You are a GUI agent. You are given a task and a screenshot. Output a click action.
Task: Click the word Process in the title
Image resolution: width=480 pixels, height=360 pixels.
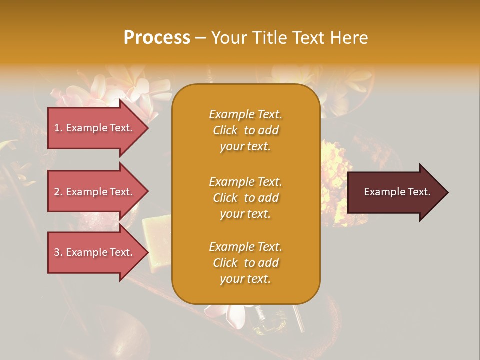(157, 38)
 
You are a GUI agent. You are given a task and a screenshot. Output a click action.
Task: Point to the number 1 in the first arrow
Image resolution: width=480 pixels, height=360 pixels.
(56, 128)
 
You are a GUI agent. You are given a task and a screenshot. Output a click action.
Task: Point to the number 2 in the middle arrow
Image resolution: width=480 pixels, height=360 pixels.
(56, 192)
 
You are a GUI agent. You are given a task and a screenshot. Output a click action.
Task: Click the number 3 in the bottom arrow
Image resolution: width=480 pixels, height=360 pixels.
(56, 252)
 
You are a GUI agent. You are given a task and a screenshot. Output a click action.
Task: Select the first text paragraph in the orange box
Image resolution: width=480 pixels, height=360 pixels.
(245, 130)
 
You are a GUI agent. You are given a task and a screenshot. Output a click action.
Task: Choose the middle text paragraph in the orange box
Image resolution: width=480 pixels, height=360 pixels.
(245, 198)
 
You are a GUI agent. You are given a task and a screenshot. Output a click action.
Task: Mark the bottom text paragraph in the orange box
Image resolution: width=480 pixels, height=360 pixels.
(245, 263)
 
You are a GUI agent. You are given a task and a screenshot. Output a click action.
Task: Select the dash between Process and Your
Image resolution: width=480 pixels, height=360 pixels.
(200, 38)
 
